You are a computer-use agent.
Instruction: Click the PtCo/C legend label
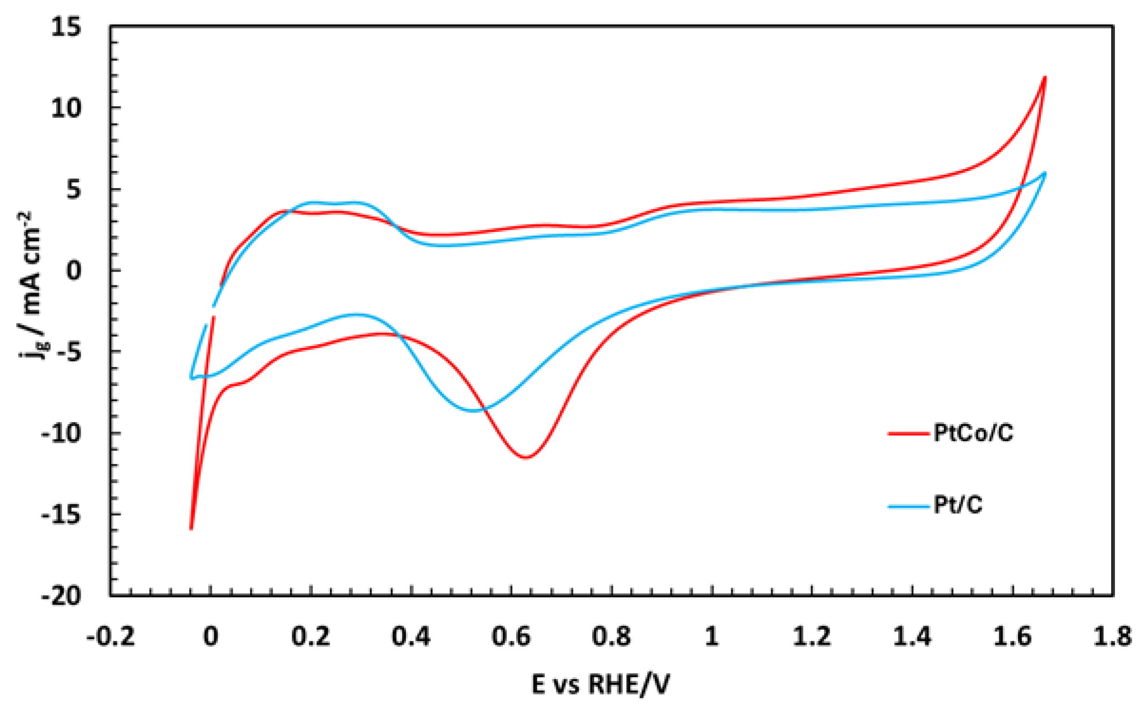(973, 433)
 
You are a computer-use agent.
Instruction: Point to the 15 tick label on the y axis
(66, 27)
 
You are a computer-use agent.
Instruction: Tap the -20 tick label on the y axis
(61, 596)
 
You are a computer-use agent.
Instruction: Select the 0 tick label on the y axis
(73, 271)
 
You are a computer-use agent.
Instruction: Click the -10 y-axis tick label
(61, 433)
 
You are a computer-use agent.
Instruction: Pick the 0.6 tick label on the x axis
(511, 636)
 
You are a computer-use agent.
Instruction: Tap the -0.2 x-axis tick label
(110, 636)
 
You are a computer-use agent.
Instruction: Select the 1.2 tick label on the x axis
(812, 636)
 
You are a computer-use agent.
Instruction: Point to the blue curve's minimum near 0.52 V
(473, 411)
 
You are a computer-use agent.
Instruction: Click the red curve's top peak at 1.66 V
(1045, 77)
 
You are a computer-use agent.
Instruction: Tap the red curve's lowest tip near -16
(191, 529)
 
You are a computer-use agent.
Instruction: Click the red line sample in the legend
(908, 433)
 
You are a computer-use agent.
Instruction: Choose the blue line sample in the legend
(908, 506)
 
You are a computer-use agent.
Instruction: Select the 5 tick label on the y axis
(74, 189)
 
